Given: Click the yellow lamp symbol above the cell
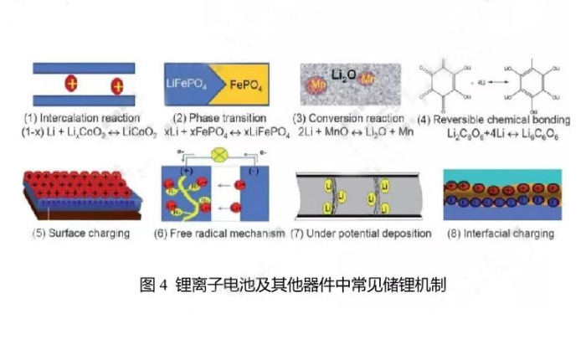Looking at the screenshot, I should point(222,155).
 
